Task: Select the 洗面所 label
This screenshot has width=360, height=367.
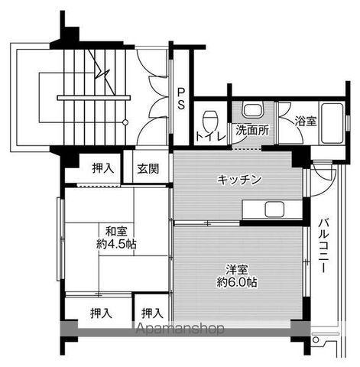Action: point(251,130)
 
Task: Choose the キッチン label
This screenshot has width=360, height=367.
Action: point(239,180)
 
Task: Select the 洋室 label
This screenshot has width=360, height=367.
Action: point(237,269)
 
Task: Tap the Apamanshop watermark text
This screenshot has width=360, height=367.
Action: point(180,330)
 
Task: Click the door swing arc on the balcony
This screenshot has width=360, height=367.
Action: point(327,175)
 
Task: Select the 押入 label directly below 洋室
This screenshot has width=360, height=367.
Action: point(152,313)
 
